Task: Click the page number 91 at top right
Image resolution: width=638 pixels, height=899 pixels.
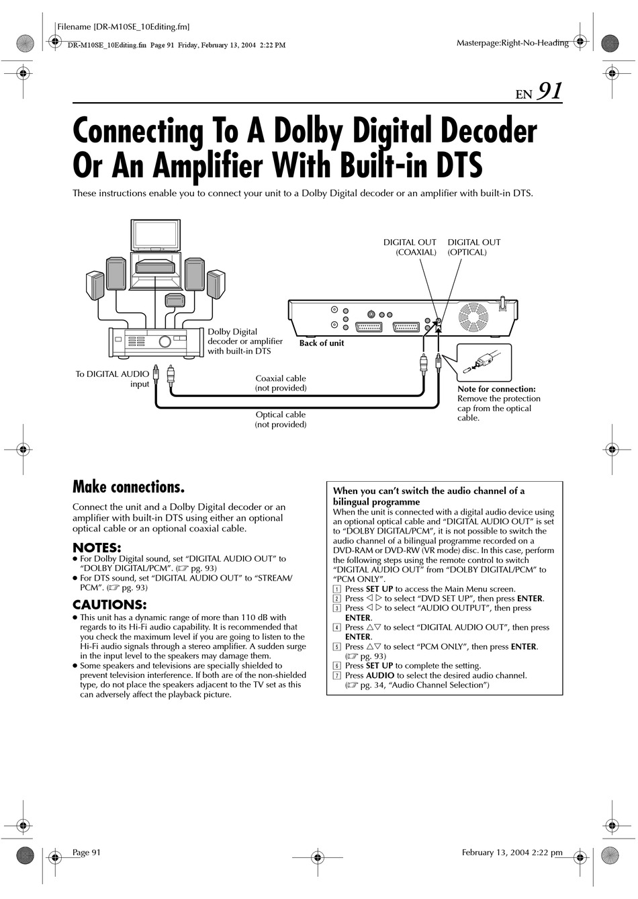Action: coord(549,91)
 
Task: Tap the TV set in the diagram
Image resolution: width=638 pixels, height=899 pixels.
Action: coord(155,234)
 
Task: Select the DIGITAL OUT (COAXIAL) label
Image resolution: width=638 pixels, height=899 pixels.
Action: coord(410,247)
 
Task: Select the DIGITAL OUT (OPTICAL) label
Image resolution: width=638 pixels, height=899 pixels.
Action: coord(474,247)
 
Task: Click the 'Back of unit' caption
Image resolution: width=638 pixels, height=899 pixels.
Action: coord(321,343)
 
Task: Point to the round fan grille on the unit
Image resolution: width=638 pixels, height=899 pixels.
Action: coord(473,316)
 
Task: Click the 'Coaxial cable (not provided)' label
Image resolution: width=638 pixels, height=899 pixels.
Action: coord(281,383)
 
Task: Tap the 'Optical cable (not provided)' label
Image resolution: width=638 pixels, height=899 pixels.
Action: coord(281,419)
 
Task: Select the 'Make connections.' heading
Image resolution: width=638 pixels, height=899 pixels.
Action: coord(128,487)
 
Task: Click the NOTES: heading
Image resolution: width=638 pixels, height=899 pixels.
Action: coord(97,547)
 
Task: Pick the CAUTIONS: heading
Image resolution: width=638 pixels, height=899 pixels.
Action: coord(109,604)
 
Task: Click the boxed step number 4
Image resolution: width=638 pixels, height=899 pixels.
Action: coord(337,628)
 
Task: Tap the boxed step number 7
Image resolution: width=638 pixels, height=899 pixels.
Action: coord(337,675)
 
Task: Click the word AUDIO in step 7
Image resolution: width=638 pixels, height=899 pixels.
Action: coord(380,675)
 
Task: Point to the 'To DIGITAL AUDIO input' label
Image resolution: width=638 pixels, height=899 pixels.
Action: coord(112,379)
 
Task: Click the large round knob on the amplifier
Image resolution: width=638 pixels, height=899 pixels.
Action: coord(165,341)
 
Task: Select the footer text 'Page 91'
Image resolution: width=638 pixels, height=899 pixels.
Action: coord(86,852)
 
